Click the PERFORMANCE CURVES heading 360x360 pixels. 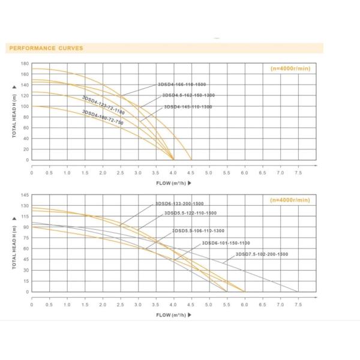[45, 48]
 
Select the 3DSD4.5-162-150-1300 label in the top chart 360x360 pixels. [188, 95]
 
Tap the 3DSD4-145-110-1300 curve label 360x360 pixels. [188, 107]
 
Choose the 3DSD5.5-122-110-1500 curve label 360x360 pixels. [186, 213]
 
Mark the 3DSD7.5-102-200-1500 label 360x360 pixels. [262, 254]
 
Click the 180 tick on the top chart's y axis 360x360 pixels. [25, 63]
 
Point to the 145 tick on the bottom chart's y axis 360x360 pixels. [25, 195]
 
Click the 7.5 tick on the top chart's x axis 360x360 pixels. [298, 172]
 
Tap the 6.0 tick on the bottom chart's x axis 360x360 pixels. [245, 304]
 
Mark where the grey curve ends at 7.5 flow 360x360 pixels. [298, 292]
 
